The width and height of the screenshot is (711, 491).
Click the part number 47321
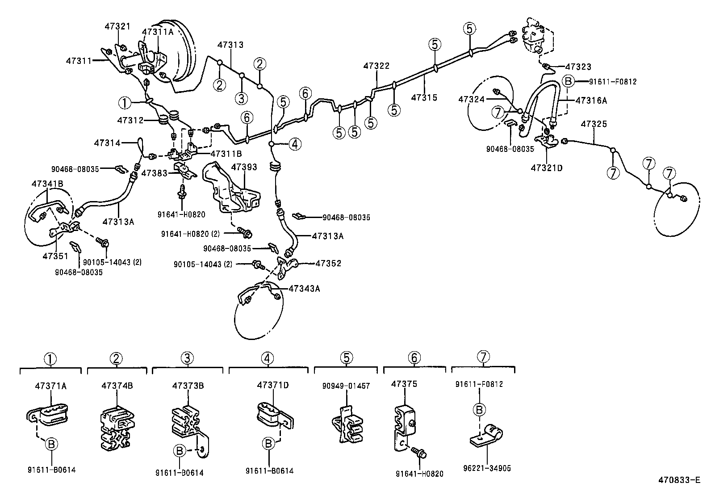117,26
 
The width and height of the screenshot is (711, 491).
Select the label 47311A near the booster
157,32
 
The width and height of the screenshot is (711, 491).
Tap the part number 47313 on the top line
230,45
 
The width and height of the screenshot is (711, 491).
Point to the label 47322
376,66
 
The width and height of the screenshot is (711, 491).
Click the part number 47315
424,97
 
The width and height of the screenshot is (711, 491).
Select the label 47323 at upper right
578,67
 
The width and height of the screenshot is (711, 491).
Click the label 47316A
591,101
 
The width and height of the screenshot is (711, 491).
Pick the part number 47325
594,124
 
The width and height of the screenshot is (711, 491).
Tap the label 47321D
547,168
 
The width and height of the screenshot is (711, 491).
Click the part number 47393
244,167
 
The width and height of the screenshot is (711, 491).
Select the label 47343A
304,289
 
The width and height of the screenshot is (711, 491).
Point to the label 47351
55,256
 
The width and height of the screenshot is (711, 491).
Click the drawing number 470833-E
679,480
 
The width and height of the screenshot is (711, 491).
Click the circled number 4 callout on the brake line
295,144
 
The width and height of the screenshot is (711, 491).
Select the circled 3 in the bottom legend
187,358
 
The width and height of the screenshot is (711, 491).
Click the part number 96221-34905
487,469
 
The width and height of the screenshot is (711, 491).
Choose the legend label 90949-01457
346,386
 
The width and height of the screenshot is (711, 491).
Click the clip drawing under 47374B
117,427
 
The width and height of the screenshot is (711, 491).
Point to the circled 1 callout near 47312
125,103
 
